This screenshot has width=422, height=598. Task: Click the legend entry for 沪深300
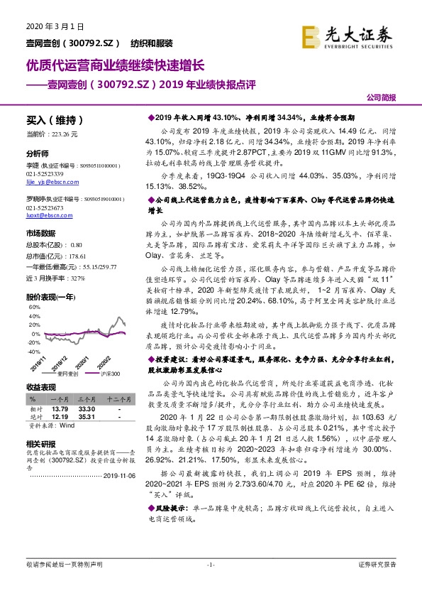click(109, 372)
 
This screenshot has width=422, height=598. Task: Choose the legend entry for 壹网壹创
click(67, 372)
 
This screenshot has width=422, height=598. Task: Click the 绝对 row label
click(33, 418)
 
